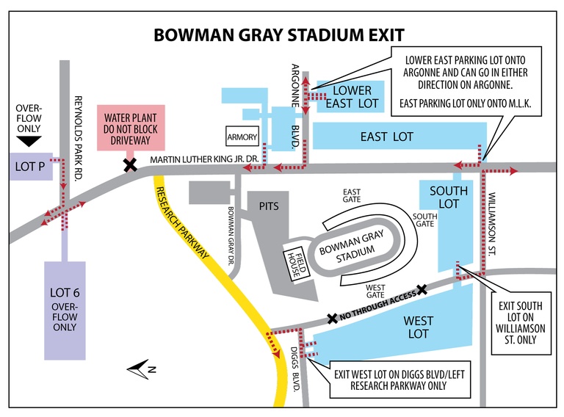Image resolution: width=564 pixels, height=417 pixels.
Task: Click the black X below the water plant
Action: point(130,165)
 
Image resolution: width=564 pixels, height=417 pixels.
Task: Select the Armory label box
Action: point(242,137)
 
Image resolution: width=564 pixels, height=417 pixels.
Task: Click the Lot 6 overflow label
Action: point(65,308)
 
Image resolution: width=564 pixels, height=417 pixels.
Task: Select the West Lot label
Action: point(419,327)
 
